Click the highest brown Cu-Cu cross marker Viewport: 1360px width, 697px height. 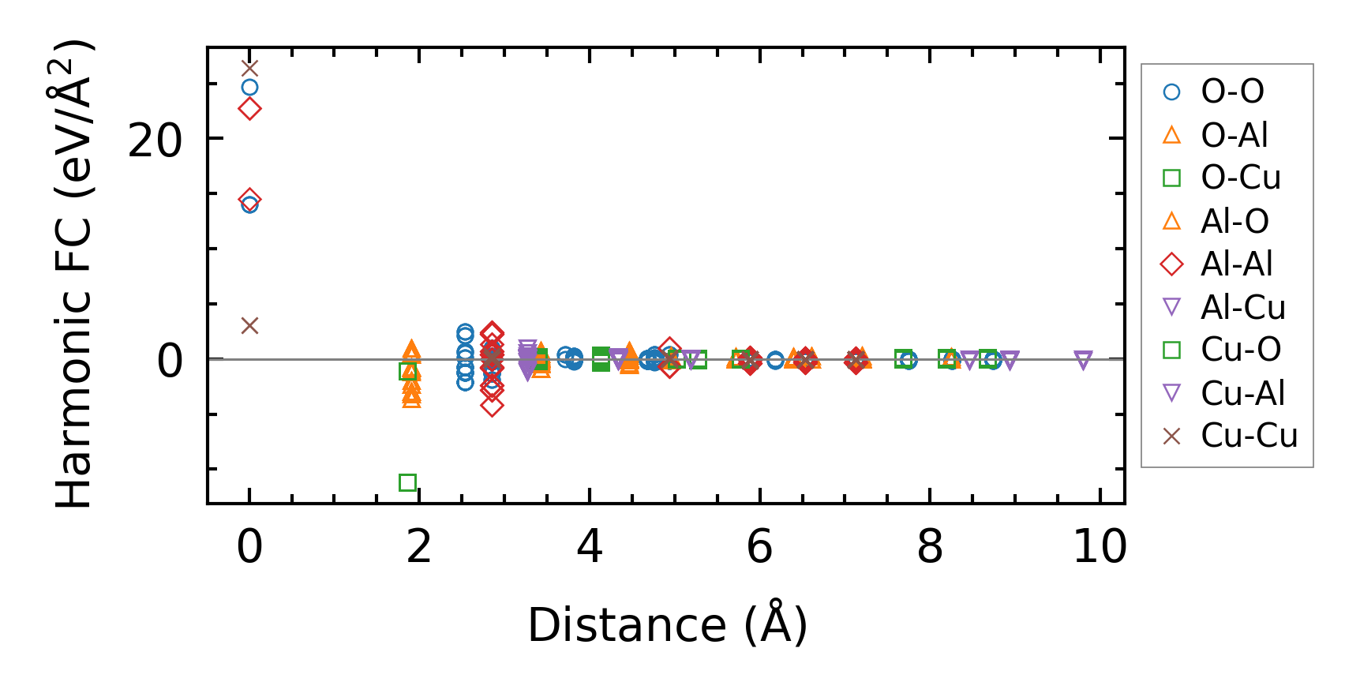pyautogui.click(x=249, y=69)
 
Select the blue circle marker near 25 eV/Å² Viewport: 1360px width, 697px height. pyautogui.click(x=249, y=88)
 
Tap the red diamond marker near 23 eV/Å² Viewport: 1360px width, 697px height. pyautogui.click(x=249, y=109)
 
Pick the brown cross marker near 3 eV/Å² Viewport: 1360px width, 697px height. pyautogui.click(x=249, y=325)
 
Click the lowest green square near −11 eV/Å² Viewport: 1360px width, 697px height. pyautogui.click(x=407, y=482)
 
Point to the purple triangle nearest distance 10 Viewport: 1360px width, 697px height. pyautogui.click(x=1083, y=361)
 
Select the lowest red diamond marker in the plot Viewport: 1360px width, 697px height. pyautogui.click(x=492, y=406)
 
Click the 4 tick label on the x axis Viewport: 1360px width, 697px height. pyautogui.click(x=590, y=546)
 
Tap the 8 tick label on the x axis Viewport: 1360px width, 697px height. pyautogui.click(x=930, y=546)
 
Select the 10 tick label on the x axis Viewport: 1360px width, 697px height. pyautogui.click(x=1100, y=546)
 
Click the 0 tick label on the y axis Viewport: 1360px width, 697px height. pyautogui.click(x=170, y=362)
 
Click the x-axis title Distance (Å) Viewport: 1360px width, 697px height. pyautogui.click(x=667, y=625)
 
